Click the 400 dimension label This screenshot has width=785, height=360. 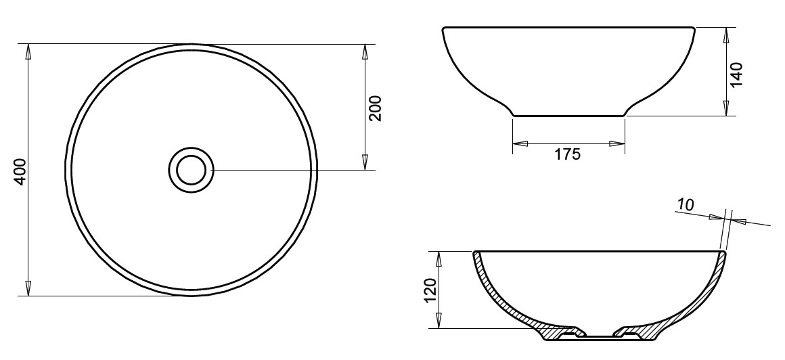20,172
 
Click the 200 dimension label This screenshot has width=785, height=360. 375,108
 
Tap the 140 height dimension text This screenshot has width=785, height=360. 736,74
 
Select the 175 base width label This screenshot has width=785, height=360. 568,154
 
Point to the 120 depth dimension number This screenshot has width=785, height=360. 430,290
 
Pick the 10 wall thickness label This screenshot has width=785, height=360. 686,205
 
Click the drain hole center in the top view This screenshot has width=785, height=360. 192,171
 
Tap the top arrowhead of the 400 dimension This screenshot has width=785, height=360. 28,51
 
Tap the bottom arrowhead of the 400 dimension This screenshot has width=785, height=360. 28,289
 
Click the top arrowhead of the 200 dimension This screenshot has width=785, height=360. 365,51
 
